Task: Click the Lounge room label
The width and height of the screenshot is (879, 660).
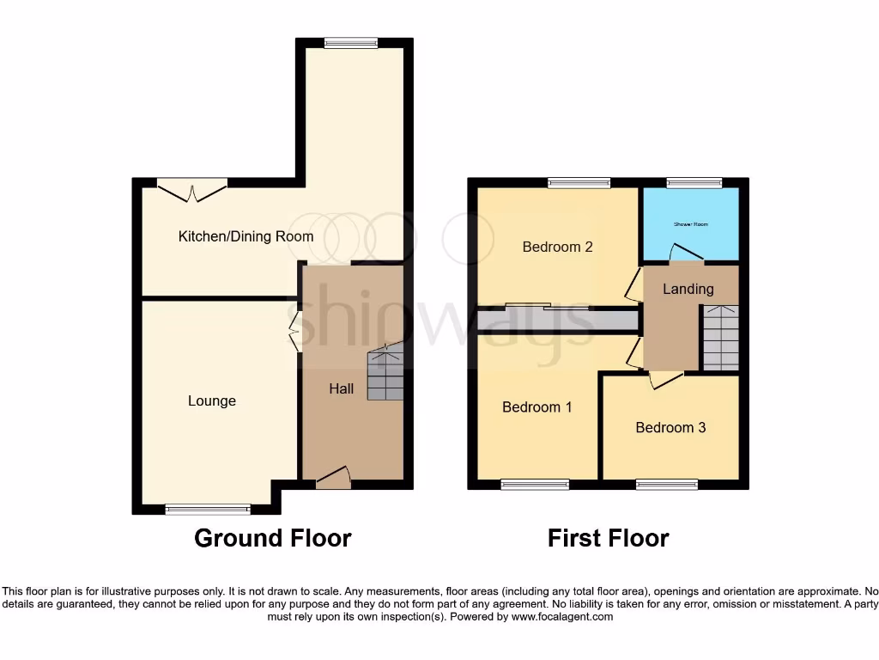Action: [x=212, y=401]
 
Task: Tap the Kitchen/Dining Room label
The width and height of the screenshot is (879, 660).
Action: [x=246, y=236]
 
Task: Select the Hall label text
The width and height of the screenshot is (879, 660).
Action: [x=342, y=389]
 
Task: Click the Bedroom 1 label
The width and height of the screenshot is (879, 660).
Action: [x=537, y=407]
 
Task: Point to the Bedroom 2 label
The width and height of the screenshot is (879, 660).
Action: [x=558, y=247]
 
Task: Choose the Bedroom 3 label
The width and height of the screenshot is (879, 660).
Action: [x=670, y=427]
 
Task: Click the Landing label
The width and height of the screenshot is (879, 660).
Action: [x=688, y=289]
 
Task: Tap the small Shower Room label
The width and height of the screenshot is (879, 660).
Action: [x=691, y=224]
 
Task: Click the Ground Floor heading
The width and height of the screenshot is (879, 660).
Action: [x=272, y=539]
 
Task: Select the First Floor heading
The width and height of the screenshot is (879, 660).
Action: [x=609, y=539]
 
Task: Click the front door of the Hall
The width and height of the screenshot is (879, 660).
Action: [x=333, y=480]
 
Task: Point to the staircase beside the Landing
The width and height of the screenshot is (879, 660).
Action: [x=719, y=339]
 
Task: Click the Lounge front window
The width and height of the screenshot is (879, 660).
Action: [x=208, y=510]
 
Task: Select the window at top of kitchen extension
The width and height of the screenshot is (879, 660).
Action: [x=350, y=43]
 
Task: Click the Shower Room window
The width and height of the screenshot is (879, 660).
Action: [x=694, y=183]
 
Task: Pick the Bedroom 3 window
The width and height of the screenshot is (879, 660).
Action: [x=666, y=486]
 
